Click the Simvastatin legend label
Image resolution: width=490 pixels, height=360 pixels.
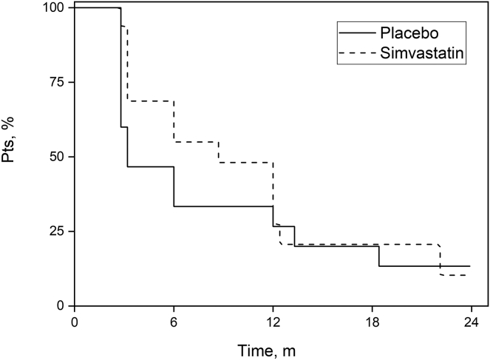pos(422,52)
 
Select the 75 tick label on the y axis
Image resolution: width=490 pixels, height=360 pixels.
pos(58,82)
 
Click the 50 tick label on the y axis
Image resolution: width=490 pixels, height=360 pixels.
pos(58,157)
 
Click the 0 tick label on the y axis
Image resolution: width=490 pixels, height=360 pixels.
pos(61,305)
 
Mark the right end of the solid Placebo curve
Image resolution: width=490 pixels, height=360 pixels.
pos(469,266)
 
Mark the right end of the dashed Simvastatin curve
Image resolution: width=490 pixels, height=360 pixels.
pos(466,275)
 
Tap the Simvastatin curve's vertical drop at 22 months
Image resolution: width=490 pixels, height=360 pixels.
pos(440,259)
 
